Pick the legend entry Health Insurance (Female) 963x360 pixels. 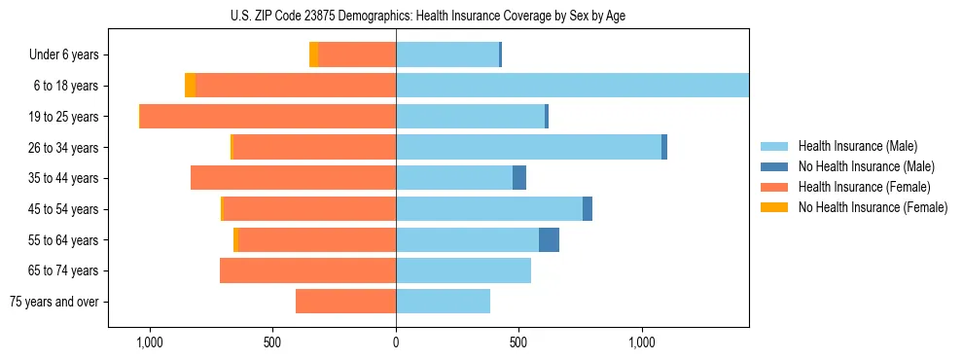(x=857, y=187)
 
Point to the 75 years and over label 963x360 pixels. (x=54, y=302)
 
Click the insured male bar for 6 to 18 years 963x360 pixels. (x=572, y=86)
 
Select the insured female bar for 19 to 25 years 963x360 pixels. (x=268, y=117)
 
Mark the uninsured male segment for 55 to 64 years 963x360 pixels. (x=549, y=239)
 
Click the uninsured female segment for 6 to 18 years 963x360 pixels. (x=191, y=86)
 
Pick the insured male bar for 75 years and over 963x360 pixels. (x=443, y=302)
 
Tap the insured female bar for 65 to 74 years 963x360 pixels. (x=307, y=270)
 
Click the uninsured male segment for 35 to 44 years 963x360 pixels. (x=519, y=178)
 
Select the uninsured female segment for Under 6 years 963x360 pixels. (x=313, y=55)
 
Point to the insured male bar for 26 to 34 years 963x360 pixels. (x=528, y=147)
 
